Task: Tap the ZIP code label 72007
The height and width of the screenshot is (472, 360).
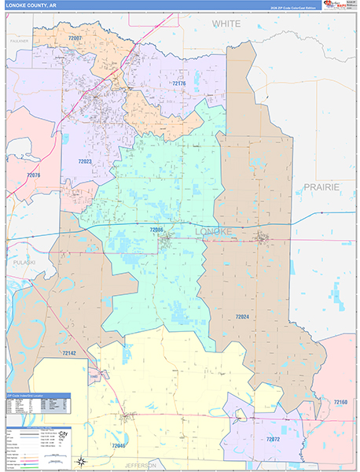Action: pyautogui.click(x=75, y=38)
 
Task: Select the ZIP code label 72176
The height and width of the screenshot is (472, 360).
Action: pyautogui.click(x=179, y=83)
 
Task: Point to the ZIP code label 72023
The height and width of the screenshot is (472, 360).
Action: pyautogui.click(x=85, y=161)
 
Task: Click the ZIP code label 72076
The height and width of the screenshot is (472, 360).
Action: pyautogui.click(x=33, y=175)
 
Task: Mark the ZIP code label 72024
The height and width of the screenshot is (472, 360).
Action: pyautogui.click(x=242, y=316)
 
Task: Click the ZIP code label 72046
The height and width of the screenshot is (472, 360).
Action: pyautogui.click(x=118, y=446)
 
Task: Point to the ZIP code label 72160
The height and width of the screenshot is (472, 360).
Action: pyautogui.click(x=340, y=402)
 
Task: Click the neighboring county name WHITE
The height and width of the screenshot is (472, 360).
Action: pyautogui.click(x=226, y=24)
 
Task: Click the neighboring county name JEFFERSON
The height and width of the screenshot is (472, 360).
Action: pyautogui.click(x=147, y=466)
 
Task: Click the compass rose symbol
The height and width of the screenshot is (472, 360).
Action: pyautogui.click(x=81, y=461)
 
